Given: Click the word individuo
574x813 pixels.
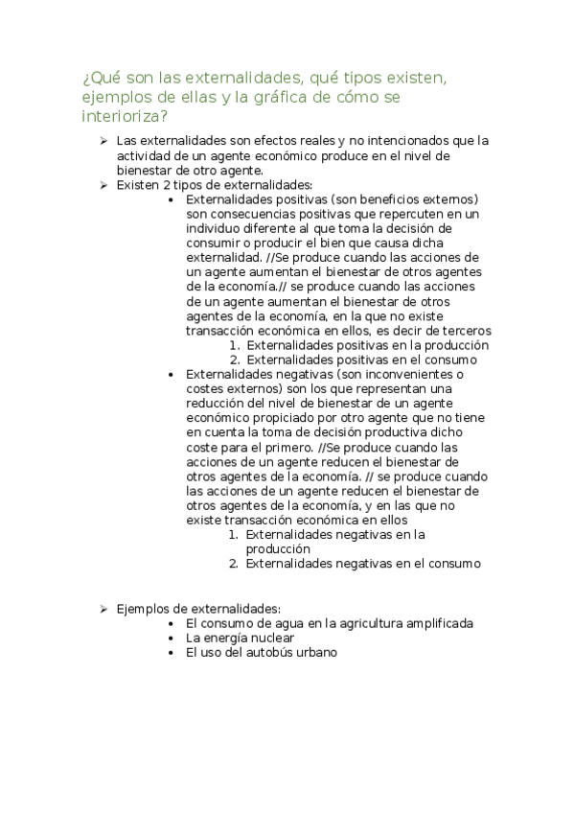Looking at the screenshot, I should [215, 229].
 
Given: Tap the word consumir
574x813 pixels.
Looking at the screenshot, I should [217, 244].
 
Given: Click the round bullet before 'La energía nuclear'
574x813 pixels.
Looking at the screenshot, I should [170, 638].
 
